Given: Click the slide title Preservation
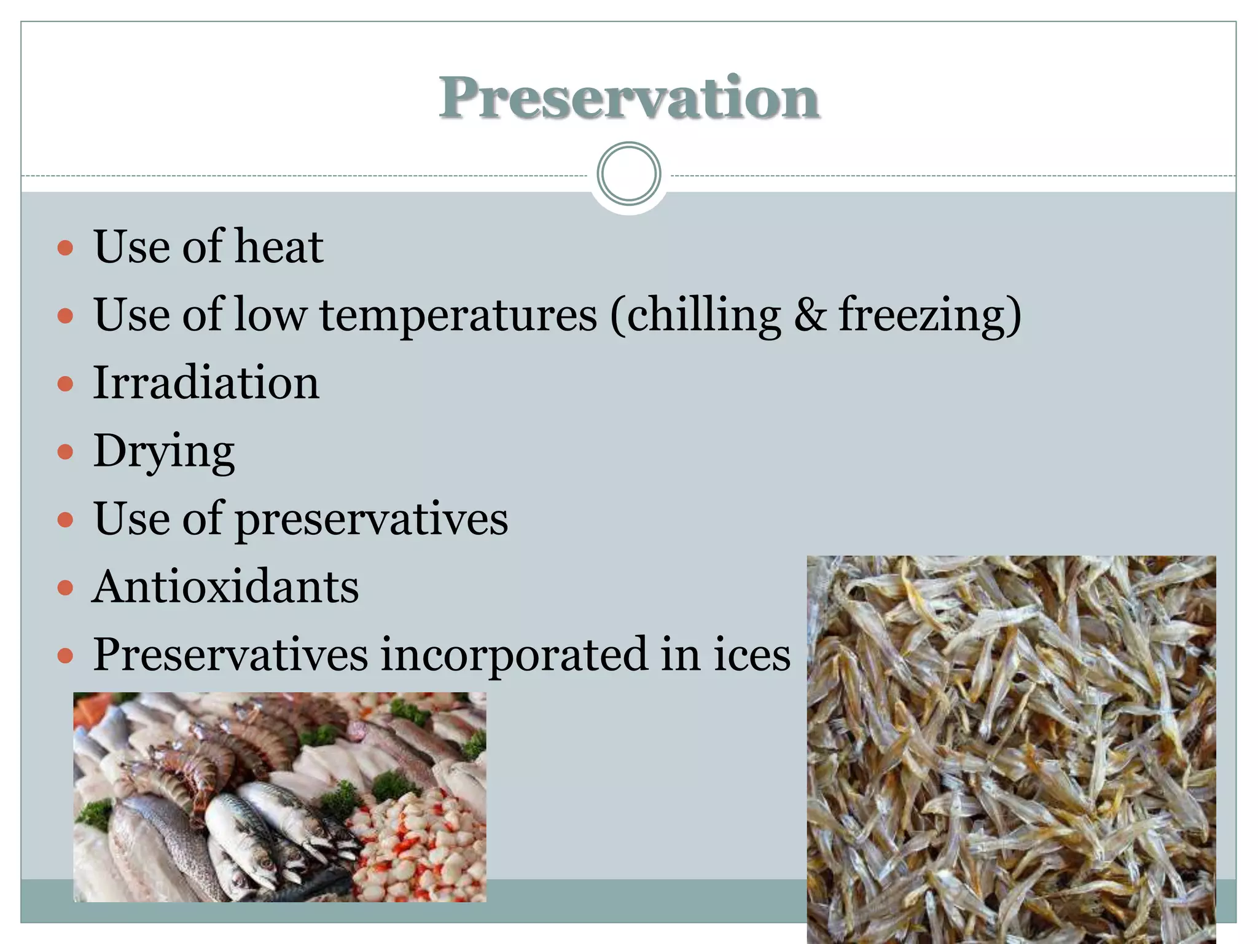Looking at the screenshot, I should coord(629,98).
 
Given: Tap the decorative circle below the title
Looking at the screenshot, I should coord(629,174).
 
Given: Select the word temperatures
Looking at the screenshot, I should coord(458,315).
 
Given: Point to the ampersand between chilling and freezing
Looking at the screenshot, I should coord(810,315).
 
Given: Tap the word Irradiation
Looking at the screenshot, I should coord(206,383).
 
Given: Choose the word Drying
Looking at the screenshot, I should coord(163,452).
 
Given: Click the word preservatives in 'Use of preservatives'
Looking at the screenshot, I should coord(371,520).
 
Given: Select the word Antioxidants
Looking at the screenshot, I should coord(225,587).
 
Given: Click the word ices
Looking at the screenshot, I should coord(752,655).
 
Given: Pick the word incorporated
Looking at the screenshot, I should coord(514,656).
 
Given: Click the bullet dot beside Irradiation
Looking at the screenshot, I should coord(65,385).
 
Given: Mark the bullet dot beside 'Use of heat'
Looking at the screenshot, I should coord(65,248).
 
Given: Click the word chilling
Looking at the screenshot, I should coord(704,315).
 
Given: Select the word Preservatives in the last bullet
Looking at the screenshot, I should coord(230,655).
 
